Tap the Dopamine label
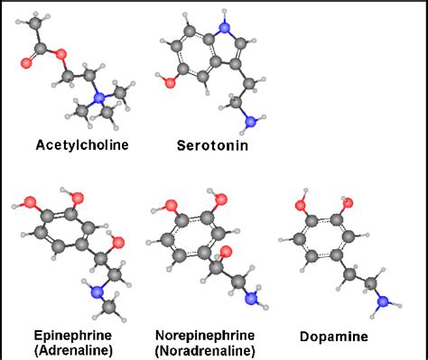[334, 337]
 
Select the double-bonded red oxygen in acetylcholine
[26, 64]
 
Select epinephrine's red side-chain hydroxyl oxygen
[116, 243]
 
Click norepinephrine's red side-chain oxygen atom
[226, 253]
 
